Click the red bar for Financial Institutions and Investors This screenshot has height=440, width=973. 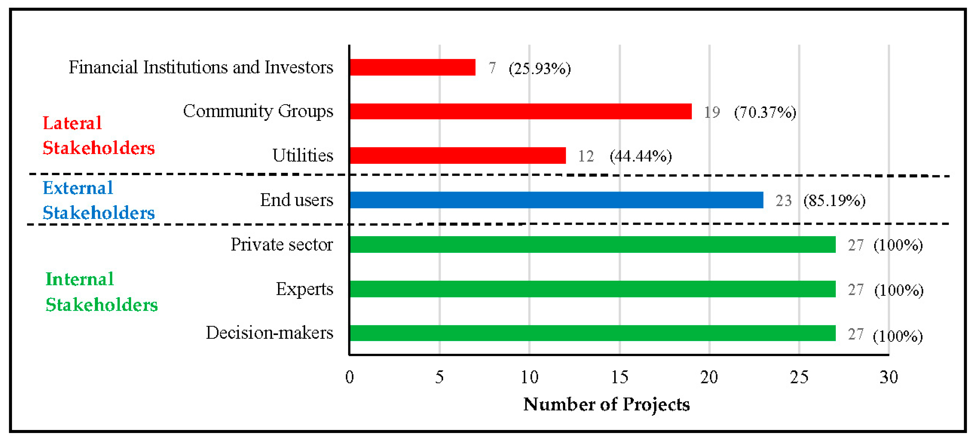click(x=412, y=67)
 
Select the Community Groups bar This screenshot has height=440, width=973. click(x=520, y=111)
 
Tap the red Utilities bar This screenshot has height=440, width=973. click(x=458, y=155)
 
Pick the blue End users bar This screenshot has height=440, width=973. click(x=556, y=200)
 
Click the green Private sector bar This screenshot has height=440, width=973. click(x=592, y=245)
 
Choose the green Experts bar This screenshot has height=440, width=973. click(x=592, y=289)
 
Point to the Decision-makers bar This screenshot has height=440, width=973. click(x=592, y=333)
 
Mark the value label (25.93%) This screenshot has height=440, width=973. click(x=539, y=69)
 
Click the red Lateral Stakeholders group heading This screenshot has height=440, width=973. click(x=98, y=135)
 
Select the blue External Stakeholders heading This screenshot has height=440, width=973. click(x=98, y=200)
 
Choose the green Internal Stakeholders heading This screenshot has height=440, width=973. click(x=101, y=292)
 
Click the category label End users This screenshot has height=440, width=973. click(x=296, y=200)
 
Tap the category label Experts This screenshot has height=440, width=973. click(x=304, y=289)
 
